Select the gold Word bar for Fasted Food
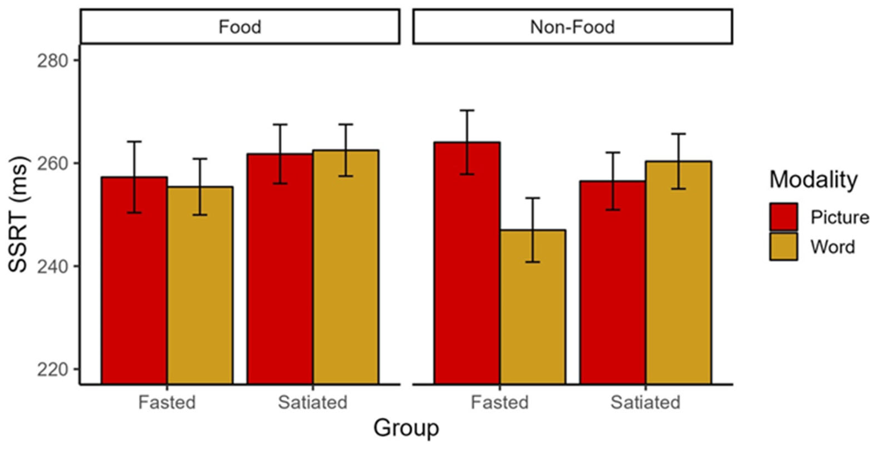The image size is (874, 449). click(200, 285)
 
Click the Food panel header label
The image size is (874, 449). click(240, 27)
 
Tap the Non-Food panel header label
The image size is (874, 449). click(572, 27)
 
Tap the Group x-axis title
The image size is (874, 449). click(406, 428)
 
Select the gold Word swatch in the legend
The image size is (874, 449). click(784, 246)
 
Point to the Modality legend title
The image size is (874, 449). click(813, 179)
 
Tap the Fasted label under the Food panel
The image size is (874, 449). click(167, 402)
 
